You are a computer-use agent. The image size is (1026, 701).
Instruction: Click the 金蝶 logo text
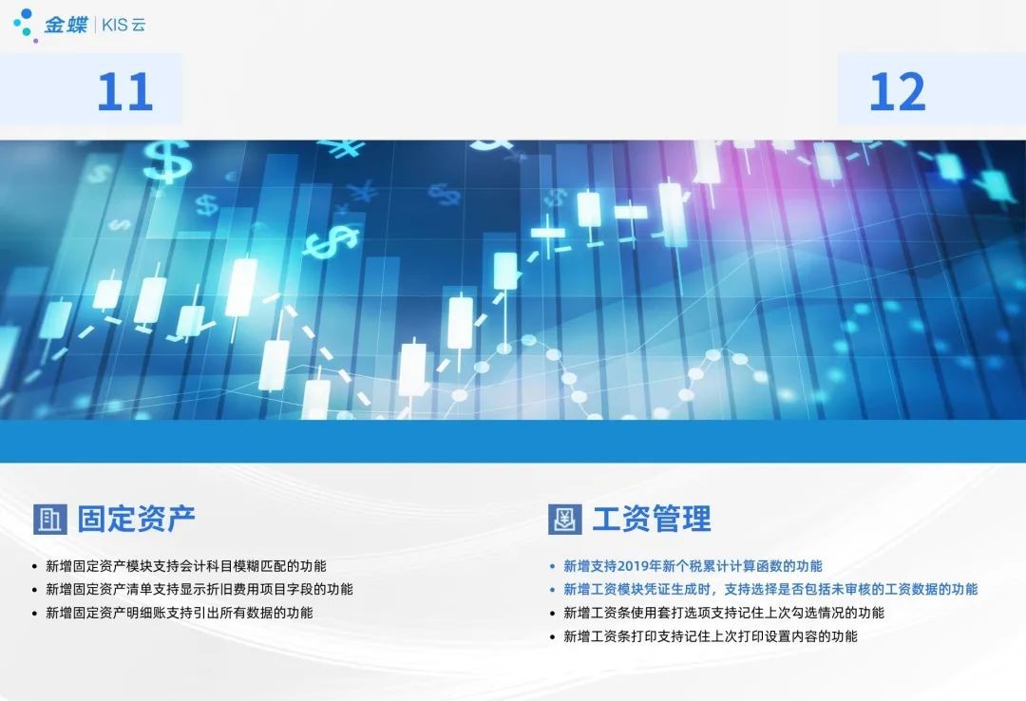(66, 25)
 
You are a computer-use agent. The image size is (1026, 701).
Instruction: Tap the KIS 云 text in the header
(123, 25)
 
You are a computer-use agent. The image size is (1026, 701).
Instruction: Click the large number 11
(125, 91)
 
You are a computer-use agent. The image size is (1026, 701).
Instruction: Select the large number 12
(897, 91)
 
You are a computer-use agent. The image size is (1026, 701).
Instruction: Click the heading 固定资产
(136, 519)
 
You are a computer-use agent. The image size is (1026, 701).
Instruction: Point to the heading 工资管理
(652, 519)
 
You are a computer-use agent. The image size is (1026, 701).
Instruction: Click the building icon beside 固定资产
(49, 519)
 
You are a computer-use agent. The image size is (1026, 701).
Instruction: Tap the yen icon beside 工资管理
(564, 519)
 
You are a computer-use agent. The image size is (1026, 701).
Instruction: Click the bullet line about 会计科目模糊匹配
(186, 566)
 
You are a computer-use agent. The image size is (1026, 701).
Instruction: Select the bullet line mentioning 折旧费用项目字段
(199, 589)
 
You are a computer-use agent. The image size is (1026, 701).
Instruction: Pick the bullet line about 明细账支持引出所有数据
(180, 613)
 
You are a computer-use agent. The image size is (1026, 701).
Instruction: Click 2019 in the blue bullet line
(632, 566)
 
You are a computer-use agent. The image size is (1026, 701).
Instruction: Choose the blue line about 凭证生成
(770, 589)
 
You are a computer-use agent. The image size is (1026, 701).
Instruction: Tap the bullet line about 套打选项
(724, 613)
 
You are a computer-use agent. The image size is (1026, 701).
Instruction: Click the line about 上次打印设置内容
(711, 636)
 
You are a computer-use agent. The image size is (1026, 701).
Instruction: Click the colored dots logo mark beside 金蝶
(25, 25)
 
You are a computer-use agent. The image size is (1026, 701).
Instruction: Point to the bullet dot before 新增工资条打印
(552, 636)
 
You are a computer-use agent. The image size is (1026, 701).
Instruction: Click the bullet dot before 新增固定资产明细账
(35, 614)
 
